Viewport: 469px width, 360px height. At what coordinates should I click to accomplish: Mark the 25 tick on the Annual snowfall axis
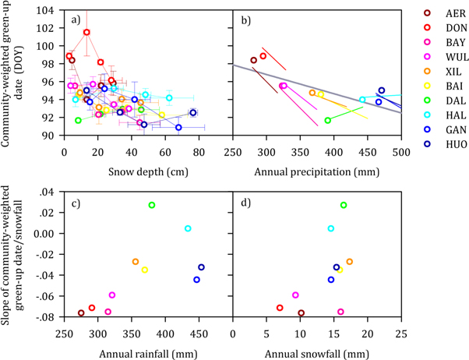pyautogui.click(x=400, y=330)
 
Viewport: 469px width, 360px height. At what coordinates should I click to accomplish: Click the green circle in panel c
pyautogui.click(x=152, y=205)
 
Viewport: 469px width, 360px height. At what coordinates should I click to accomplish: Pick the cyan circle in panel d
pyautogui.click(x=331, y=228)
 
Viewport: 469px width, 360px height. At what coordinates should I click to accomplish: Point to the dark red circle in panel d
pyautogui.click(x=301, y=313)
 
